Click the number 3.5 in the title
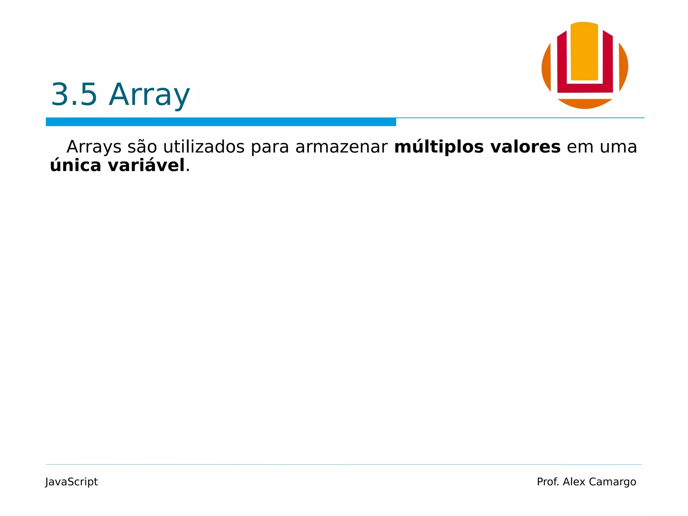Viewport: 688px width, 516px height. (74, 95)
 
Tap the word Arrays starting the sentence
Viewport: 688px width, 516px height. (94, 147)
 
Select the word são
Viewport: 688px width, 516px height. (142, 147)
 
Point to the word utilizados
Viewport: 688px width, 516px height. (204, 147)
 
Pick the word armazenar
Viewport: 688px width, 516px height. (341, 147)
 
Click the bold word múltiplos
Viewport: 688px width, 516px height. (439, 147)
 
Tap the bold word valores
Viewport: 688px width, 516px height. (525, 147)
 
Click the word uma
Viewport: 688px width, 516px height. (618, 147)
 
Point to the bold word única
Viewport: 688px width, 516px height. (76, 165)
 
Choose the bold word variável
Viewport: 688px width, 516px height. (146, 165)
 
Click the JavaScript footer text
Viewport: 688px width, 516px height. (72, 482)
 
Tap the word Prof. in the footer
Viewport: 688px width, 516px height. (548, 482)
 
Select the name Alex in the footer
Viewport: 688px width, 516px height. (574, 482)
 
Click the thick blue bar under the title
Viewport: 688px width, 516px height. (221, 122)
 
